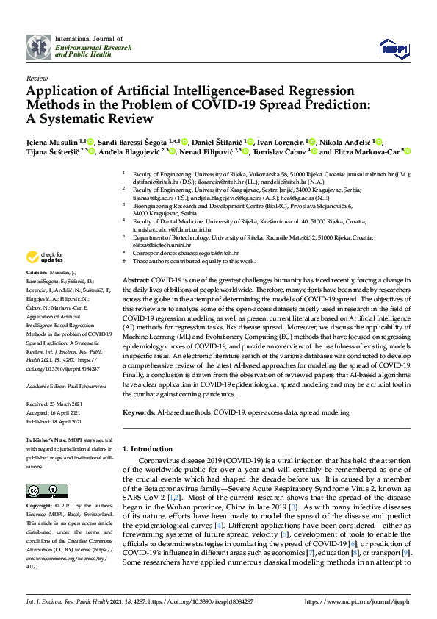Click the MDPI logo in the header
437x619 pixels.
click(x=394, y=48)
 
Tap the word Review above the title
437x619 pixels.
click(x=36, y=77)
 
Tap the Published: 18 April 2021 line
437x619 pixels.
click(x=57, y=423)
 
